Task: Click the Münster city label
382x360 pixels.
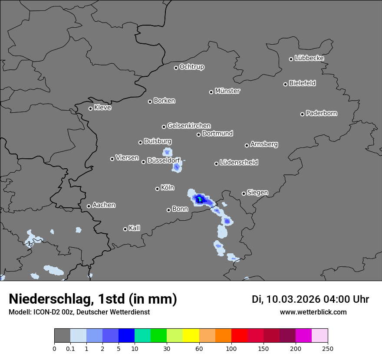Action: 227,91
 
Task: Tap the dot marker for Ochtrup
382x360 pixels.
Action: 176,67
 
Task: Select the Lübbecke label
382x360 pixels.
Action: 309,58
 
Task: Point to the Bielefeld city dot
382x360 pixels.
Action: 286,84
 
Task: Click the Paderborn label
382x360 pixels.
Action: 322,113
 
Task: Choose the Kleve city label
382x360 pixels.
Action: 102,108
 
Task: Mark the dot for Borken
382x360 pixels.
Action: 150,101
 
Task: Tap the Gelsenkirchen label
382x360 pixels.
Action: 189,126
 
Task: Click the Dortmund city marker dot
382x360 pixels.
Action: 198,134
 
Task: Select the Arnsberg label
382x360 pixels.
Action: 264,144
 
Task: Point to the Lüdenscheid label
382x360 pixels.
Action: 239,163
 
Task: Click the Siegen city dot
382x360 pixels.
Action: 244,193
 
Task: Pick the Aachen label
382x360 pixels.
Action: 104,205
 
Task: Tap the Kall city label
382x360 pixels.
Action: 135,228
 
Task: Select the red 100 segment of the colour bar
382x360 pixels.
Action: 239,336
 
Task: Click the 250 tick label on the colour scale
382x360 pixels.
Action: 328,348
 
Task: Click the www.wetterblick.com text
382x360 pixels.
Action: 313,312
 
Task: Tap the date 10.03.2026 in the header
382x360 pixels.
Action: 293,299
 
